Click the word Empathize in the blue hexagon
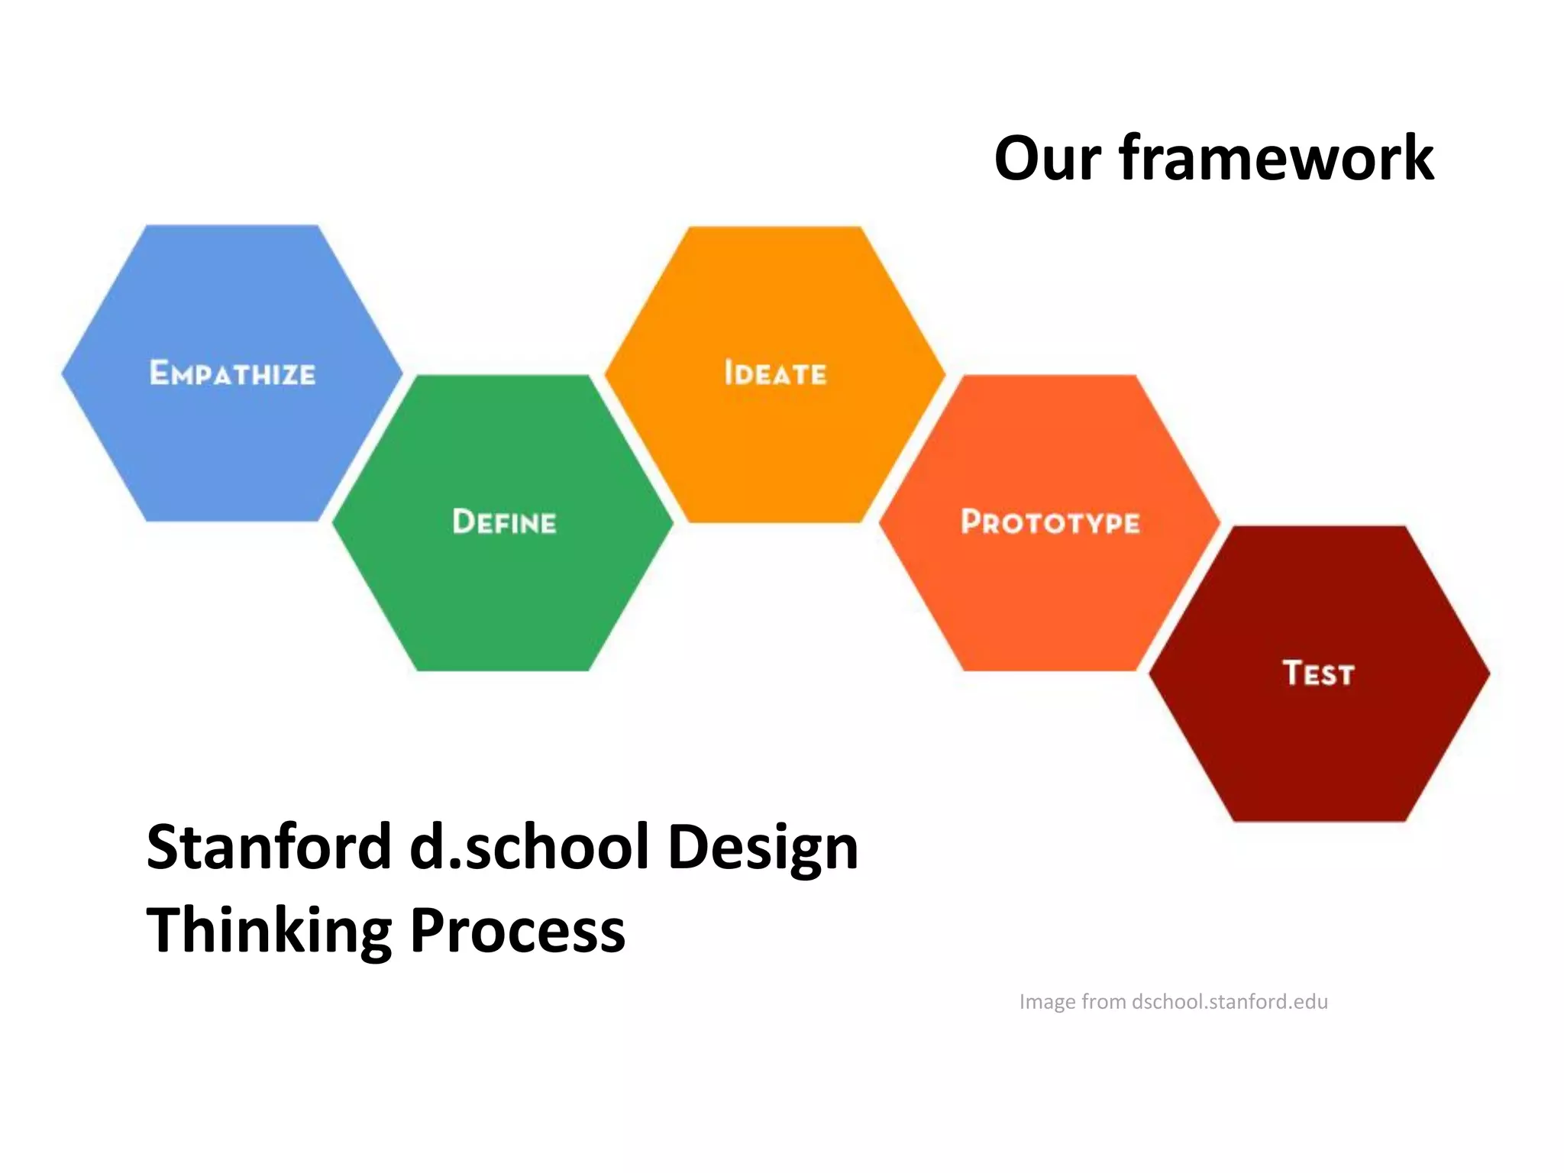point(232,373)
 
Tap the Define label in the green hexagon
point(504,522)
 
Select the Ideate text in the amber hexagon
point(775,373)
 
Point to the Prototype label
point(1050,522)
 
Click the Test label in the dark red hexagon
point(1318,674)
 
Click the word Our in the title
point(1047,159)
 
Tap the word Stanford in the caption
point(269,847)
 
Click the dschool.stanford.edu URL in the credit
point(1230,1001)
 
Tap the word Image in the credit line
point(1047,1002)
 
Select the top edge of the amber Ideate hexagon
point(775,229)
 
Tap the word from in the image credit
point(1104,1001)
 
